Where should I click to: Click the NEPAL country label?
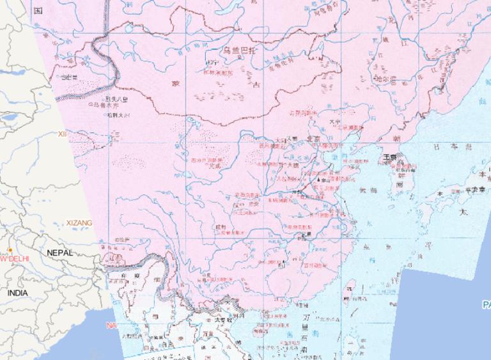[60, 253]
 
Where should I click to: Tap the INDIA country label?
[18, 292]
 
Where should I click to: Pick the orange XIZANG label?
[79, 223]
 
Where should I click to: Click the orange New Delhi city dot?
[10, 250]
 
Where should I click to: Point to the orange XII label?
[62, 134]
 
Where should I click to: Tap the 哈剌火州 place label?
[119, 115]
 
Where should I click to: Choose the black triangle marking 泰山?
[318, 181]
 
